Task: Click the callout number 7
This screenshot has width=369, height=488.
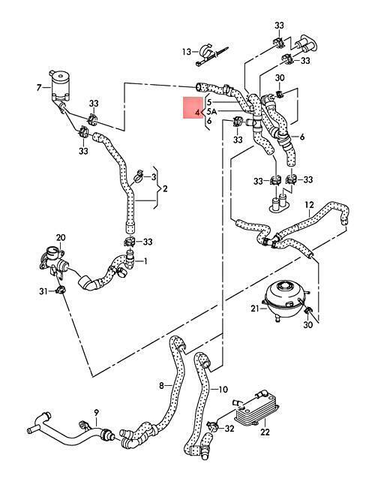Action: pos(38,88)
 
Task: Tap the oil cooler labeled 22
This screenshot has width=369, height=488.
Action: pos(257,408)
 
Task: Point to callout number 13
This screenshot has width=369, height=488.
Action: pos(187,51)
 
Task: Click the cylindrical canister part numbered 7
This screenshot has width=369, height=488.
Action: pos(60,86)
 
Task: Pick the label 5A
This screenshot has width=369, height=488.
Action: pos(211,111)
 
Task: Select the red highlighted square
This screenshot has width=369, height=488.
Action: pos(192,108)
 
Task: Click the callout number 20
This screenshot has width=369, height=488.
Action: pos(61,237)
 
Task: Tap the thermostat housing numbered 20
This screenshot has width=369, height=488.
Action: pos(55,262)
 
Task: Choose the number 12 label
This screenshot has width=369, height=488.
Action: pos(309,205)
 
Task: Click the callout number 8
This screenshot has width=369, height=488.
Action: pos(161,386)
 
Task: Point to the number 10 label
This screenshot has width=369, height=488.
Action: pos(223,390)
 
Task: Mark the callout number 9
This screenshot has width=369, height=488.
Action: pos(96,413)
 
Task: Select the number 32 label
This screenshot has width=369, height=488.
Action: pos(229,429)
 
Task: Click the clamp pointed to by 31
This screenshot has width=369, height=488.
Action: pos(60,291)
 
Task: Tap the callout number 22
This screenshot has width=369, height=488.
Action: pos(265,432)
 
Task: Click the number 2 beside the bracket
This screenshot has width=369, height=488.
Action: pos(165,188)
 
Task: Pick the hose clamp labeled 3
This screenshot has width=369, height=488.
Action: pos(139,176)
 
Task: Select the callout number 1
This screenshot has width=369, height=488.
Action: pos(145,261)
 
